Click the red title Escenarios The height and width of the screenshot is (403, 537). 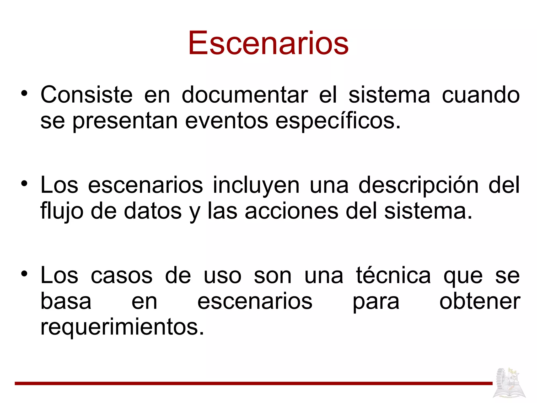pyautogui.click(x=268, y=43)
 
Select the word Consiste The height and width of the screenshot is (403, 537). pyautogui.click(x=87, y=95)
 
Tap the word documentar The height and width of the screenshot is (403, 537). pyautogui.click(x=245, y=95)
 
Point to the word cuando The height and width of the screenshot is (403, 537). pyautogui.click(x=481, y=95)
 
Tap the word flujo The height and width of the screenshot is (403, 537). pyautogui.click(x=62, y=211)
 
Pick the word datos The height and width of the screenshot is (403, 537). pyautogui.click(x=153, y=211)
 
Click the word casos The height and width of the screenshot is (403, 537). pyautogui.click(x=121, y=276)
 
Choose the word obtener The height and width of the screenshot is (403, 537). pyautogui.click(x=480, y=302)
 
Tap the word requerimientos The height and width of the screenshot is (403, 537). pyautogui.click(x=122, y=327)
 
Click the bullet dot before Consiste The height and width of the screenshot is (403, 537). pyautogui.click(x=24, y=93)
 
